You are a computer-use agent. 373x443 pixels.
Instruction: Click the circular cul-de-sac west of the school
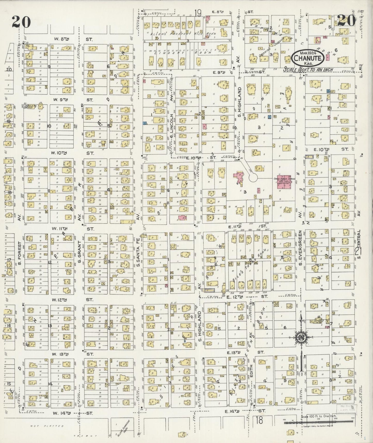[x=253, y=177]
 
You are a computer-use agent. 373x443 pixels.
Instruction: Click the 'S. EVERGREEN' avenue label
[x=300, y=248]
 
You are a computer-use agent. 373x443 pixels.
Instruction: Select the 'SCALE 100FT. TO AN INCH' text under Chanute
[x=308, y=70]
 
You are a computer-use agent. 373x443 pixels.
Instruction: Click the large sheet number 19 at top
[x=198, y=12]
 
